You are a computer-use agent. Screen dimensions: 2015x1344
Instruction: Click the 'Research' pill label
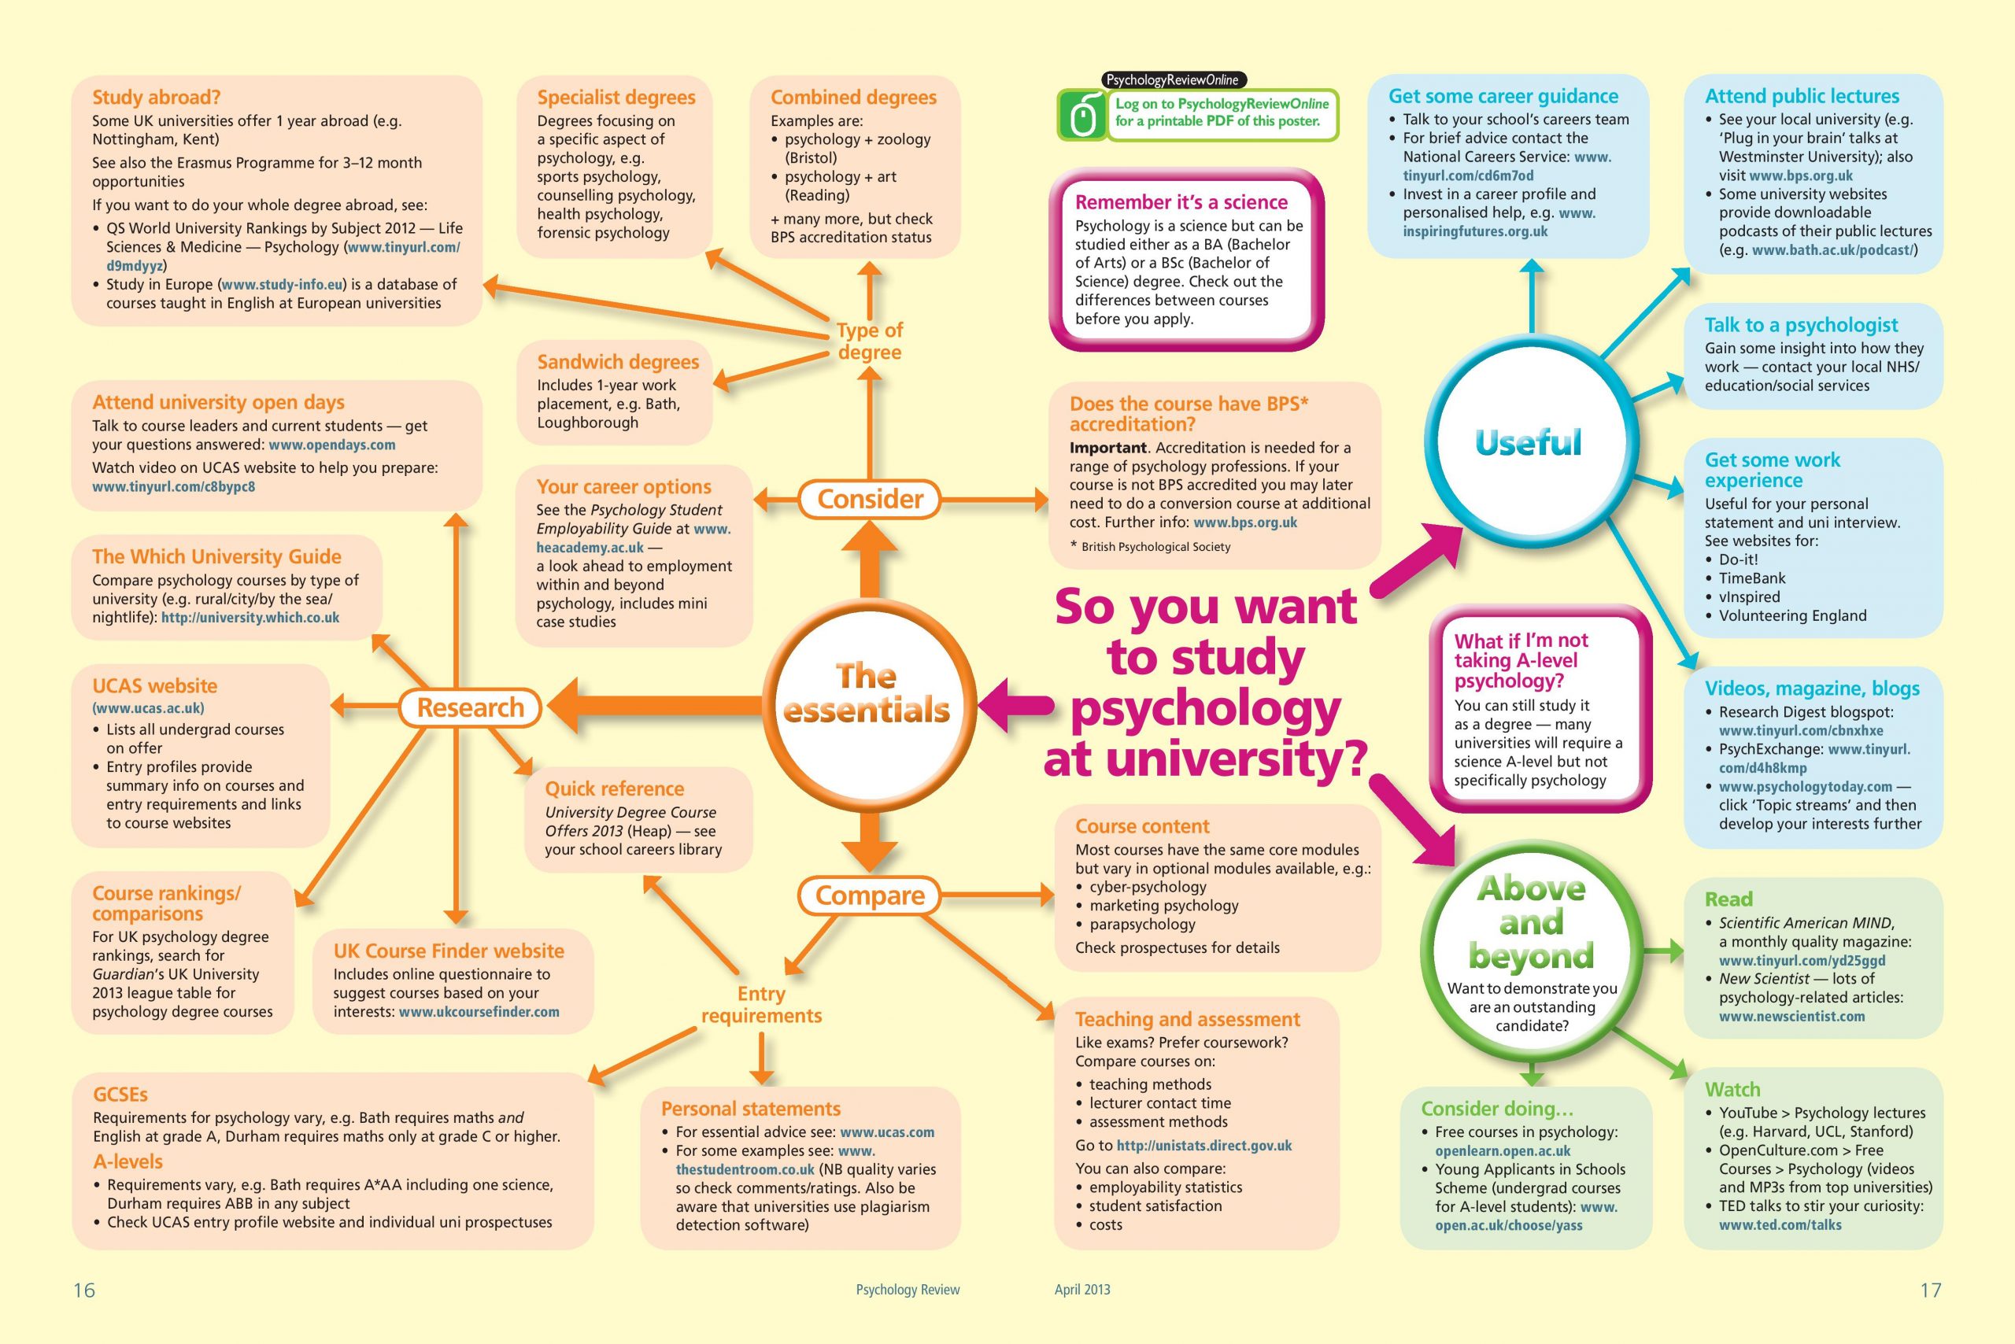(470, 707)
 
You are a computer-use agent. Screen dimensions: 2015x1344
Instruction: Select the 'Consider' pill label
(870, 499)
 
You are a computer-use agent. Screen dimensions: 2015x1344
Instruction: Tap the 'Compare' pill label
(870, 895)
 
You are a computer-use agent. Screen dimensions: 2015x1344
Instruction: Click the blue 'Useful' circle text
(1528, 442)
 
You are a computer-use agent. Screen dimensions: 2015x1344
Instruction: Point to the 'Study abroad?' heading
(156, 97)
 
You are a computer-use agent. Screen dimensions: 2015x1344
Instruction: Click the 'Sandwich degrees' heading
(618, 362)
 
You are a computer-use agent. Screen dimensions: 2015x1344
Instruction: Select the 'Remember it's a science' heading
(1181, 202)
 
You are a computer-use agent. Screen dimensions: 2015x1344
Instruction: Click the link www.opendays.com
(332, 445)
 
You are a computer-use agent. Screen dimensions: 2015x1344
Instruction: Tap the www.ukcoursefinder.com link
(479, 1012)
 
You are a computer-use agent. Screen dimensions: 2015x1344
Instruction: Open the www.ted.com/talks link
(1780, 1225)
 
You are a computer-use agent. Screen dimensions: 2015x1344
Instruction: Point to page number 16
(84, 1290)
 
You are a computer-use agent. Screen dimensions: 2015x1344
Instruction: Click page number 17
(1930, 1290)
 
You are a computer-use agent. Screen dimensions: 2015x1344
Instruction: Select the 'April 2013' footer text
(1082, 1289)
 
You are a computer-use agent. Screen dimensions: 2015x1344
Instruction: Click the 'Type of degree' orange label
(870, 342)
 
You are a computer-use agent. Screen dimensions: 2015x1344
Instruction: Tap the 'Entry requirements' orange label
(761, 1005)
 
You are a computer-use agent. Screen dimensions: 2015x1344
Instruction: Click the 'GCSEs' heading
(120, 1095)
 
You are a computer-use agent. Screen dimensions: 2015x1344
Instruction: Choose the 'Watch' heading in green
(1732, 1089)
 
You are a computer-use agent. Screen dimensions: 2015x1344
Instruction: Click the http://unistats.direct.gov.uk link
(1203, 1146)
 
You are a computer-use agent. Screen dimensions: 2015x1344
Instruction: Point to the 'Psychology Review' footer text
(908, 1289)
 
